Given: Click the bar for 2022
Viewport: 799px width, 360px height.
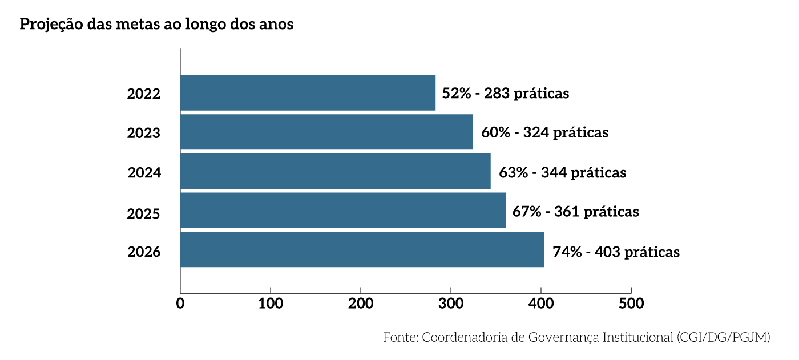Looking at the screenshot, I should pos(308,93).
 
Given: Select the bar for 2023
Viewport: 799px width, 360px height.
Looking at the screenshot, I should pos(326,132).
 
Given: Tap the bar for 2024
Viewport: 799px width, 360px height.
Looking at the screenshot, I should pos(335,171).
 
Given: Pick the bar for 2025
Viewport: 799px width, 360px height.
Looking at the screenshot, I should pos(342,211).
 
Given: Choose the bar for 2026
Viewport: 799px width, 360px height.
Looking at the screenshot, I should pos(362,249).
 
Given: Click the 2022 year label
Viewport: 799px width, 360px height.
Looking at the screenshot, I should pos(144,94).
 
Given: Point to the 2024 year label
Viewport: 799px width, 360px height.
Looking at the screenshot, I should pos(144,172).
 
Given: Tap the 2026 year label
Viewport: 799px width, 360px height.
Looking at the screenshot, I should pos(144,252).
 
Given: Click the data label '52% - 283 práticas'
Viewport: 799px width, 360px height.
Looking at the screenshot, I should pos(506,93).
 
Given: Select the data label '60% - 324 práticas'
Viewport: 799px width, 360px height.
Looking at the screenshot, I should pos(545,132).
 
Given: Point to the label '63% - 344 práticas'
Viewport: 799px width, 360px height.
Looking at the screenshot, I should pos(563,172).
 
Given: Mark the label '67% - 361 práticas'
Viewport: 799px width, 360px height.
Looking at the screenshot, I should pos(575,212).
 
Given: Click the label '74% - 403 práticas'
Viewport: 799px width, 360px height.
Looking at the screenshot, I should pos(616,252).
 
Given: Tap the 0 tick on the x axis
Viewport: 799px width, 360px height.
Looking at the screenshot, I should pos(180,304).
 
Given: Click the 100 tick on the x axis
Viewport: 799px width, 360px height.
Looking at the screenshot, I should pos(271,304).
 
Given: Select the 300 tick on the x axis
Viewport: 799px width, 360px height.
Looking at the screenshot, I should pos(451,304).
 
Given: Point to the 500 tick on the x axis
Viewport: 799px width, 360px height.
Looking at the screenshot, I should pos(631,304).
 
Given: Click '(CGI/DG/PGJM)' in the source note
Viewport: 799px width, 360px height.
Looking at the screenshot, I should pos(723,337).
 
